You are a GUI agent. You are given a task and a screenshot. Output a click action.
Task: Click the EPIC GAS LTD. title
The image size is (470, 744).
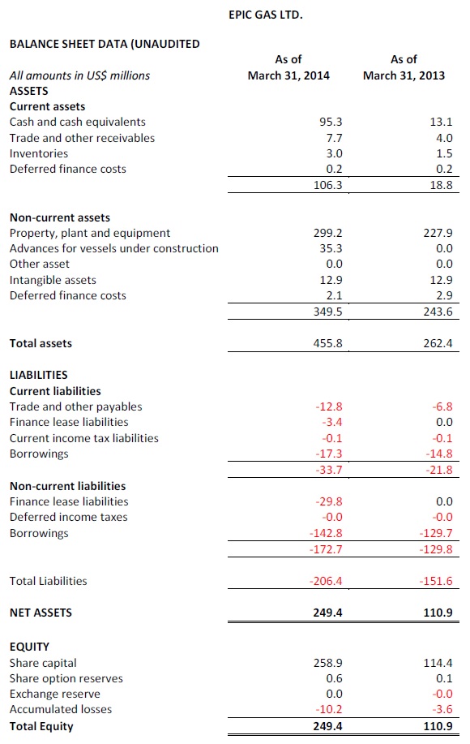pos(265,15)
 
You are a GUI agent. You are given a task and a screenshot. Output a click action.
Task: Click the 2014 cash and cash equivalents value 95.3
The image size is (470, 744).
pos(331,122)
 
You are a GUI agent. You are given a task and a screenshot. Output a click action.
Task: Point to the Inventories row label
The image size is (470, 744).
pos(39,153)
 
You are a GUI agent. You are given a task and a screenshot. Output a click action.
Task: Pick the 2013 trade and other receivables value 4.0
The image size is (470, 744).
pos(444,138)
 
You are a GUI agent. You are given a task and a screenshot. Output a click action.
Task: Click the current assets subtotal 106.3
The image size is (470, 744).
pos(328,185)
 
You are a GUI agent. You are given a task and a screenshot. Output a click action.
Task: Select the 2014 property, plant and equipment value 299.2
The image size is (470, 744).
pos(328,233)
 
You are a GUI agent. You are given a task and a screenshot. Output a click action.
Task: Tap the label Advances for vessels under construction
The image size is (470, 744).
pos(114,248)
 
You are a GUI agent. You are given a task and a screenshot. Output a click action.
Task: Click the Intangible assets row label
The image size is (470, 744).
pos(53,280)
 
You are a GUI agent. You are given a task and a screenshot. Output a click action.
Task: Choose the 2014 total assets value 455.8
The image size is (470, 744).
pos(328,343)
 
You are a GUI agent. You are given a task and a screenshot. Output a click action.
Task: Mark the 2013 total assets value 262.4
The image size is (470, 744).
pos(438,343)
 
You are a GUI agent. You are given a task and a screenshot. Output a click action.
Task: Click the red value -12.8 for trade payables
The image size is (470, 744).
pos(329,406)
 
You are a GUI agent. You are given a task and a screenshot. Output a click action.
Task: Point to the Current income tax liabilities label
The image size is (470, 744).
pos(84,438)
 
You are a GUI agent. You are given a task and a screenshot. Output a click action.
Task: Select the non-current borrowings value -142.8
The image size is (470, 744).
pos(326,533)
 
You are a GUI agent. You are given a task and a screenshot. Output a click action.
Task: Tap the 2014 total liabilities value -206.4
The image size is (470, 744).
pos(326,581)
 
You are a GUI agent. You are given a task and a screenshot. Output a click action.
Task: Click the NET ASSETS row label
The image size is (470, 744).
pos(41,613)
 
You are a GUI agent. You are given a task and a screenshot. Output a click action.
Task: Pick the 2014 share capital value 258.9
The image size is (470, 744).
pos(328,663)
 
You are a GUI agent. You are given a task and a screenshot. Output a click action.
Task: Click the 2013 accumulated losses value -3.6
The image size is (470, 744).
pos(442,709)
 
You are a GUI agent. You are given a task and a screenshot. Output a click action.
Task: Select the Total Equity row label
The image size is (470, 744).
pos(41,726)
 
